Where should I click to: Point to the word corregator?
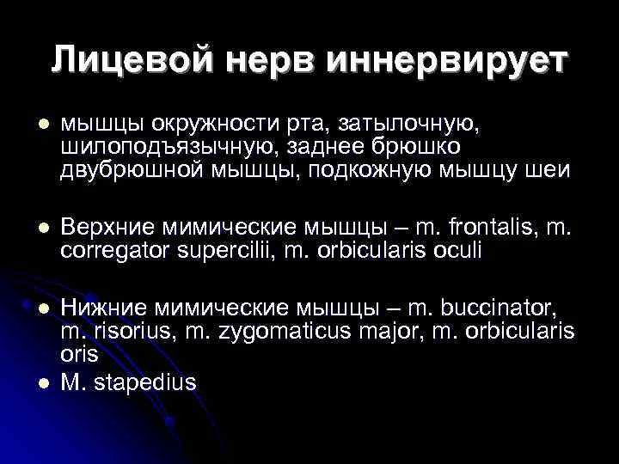pyautogui.click(x=111, y=249)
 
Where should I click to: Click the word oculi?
pyautogui.click(x=457, y=249)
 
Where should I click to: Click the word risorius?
pyautogui.click(x=129, y=330)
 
